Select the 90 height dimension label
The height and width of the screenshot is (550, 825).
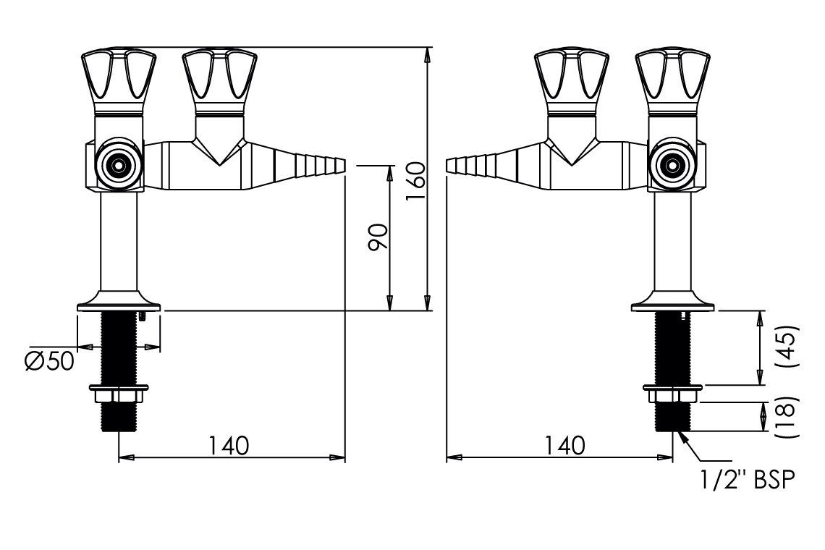(x=378, y=237)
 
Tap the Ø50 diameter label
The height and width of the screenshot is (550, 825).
(x=50, y=361)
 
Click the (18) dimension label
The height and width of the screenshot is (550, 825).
(x=790, y=416)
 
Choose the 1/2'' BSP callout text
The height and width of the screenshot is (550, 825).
(x=748, y=480)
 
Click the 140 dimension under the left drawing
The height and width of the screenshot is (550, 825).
(x=229, y=446)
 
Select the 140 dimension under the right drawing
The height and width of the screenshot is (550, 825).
(x=564, y=446)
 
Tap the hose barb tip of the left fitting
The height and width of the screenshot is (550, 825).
(x=342, y=165)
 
